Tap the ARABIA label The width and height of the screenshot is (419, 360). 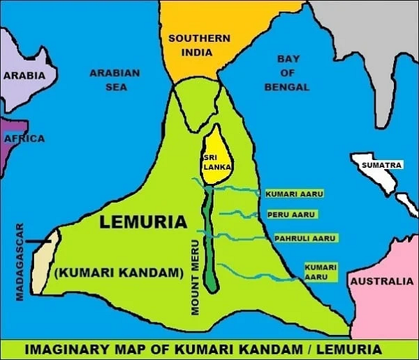24,75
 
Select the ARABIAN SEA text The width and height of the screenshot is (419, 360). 115,80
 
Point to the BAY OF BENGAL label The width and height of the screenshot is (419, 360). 287,73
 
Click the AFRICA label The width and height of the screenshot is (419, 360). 24,139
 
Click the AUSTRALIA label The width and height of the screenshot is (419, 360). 381,282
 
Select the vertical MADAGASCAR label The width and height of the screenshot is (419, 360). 20,262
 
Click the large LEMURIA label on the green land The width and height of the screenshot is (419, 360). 143,222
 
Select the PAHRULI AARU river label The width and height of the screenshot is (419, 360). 304,238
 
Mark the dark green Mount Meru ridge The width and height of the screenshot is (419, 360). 209,245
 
